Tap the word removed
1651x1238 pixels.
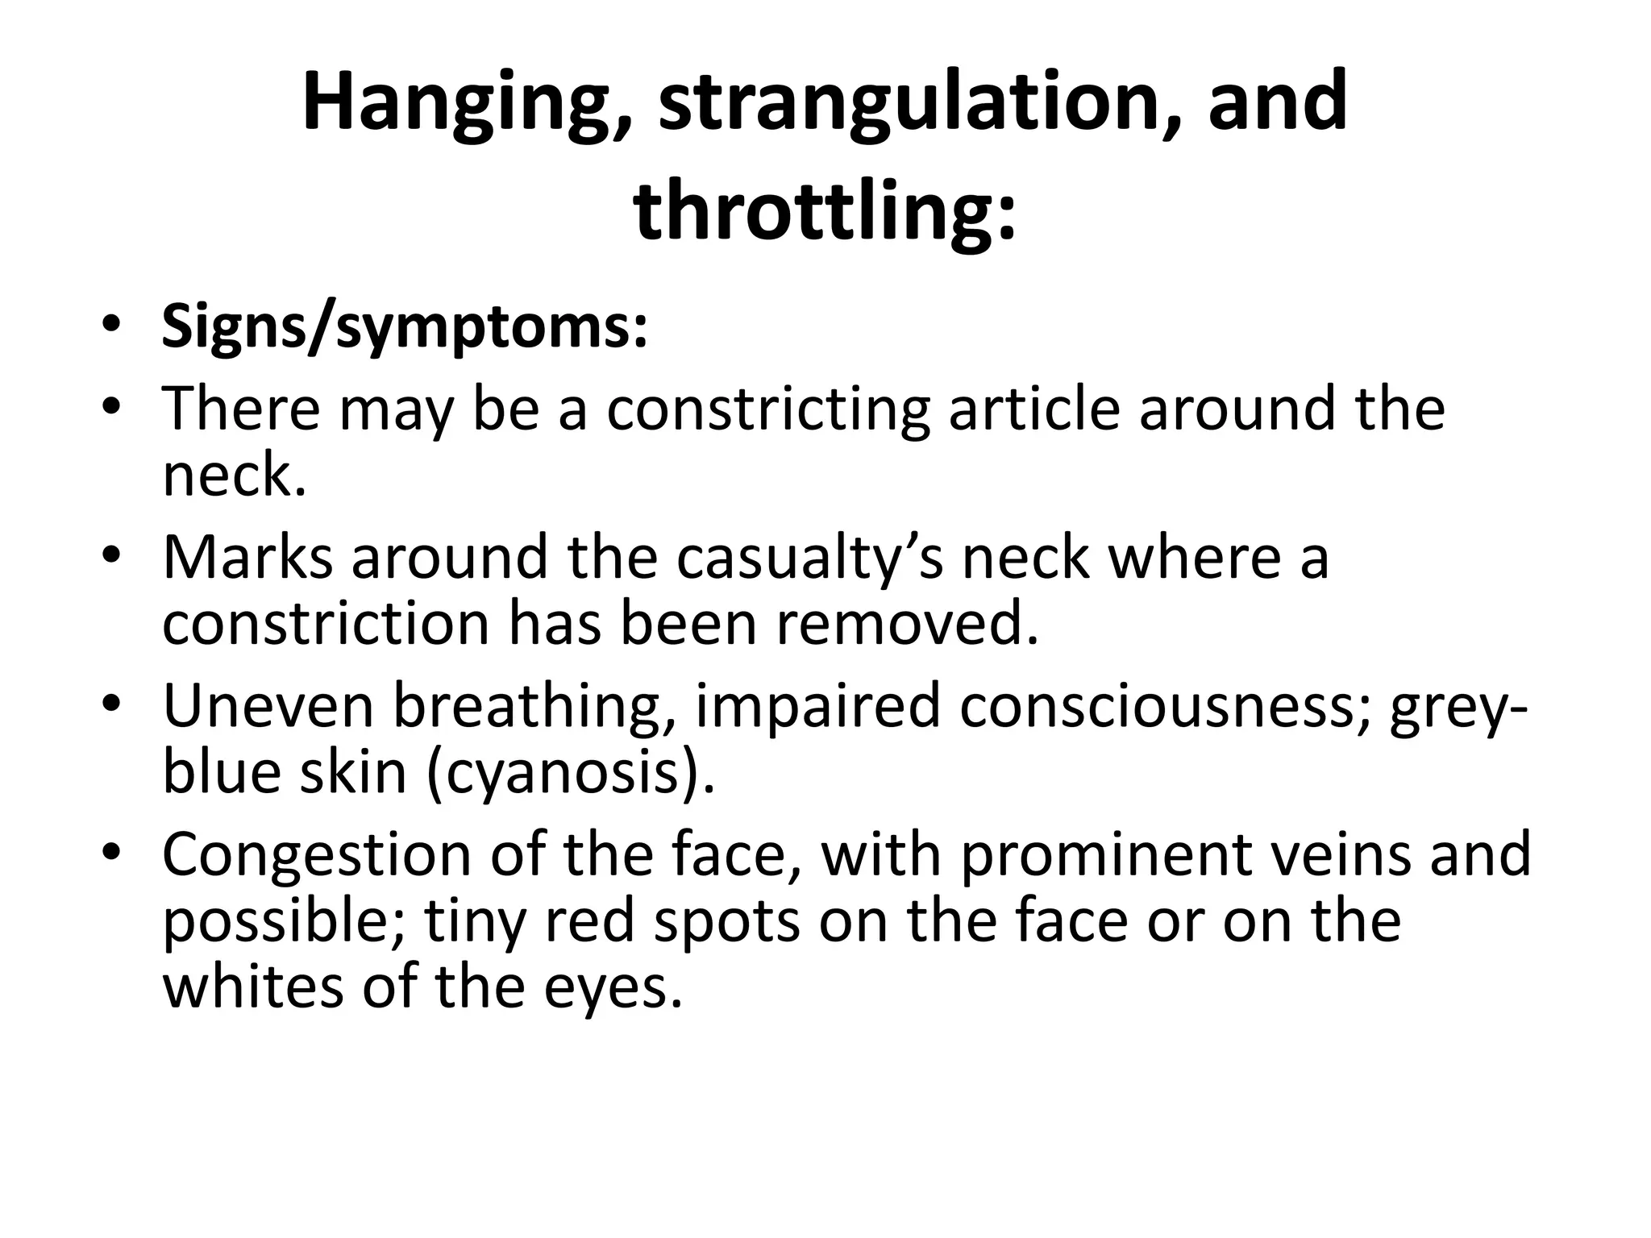(907, 624)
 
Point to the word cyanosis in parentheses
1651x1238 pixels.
(569, 772)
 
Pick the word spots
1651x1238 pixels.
(726, 921)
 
